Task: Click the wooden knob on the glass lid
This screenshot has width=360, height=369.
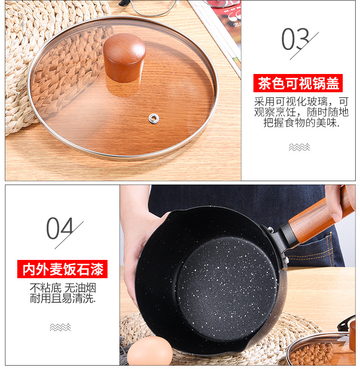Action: pos(124,57)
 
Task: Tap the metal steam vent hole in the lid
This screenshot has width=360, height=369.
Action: pos(154,117)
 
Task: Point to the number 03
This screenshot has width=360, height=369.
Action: pos(296,40)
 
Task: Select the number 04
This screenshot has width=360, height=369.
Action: pos(60,229)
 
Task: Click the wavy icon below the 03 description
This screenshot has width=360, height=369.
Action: pos(299,147)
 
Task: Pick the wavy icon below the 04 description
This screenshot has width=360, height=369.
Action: pos(60,327)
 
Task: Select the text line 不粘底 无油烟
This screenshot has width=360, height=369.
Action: pos(62,288)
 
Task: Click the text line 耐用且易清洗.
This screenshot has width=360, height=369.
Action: pos(62,298)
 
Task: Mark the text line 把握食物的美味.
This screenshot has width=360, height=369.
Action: pos(301,123)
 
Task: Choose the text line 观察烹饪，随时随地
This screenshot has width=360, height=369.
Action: pos(301,112)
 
